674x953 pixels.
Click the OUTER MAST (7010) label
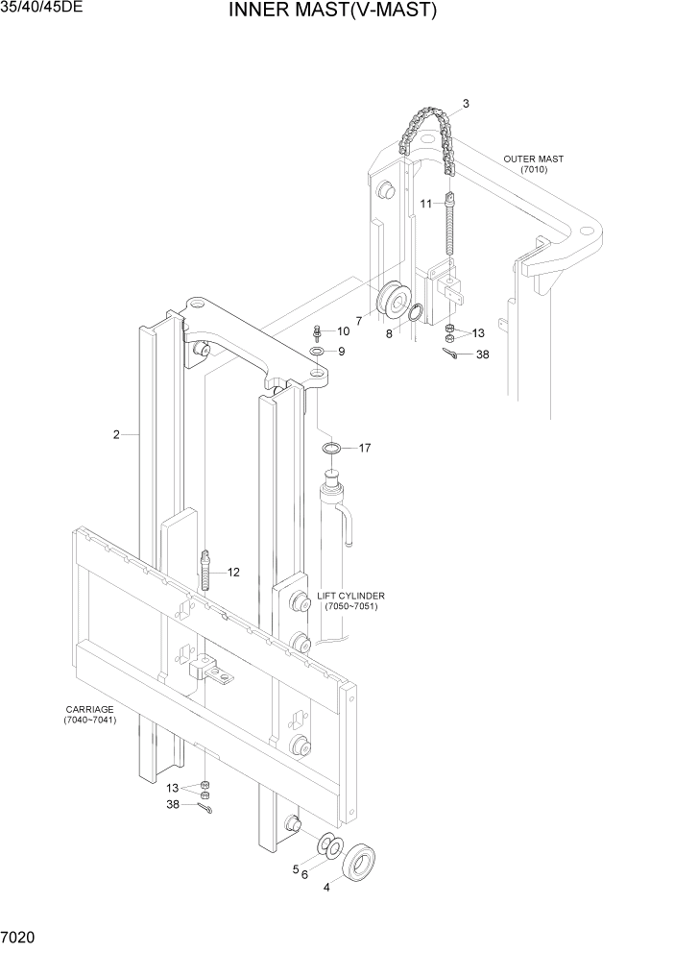click(x=533, y=164)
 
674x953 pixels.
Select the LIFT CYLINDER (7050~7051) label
click(x=350, y=601)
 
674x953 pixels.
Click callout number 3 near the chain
click(x=466, y=104)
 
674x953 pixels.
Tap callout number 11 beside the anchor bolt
click(x=427, y=204)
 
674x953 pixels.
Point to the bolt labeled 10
click(x=318, y=332)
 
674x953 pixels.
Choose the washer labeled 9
click(x=318, y=353)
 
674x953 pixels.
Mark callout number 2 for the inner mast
click(x=116, y=435)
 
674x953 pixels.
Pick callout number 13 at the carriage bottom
click(x=173, y=786)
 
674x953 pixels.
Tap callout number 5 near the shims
click(x=296, y=868)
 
